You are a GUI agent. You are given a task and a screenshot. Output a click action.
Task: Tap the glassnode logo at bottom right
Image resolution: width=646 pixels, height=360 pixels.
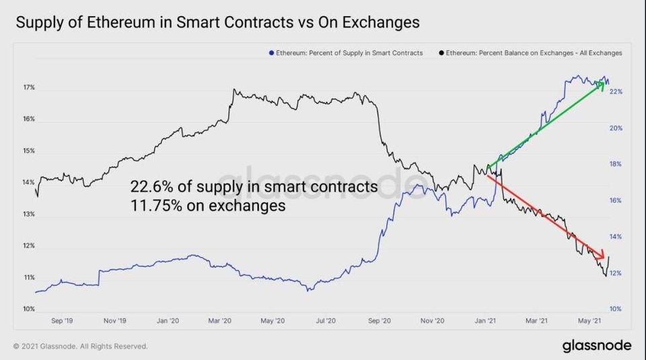tap(597, 345)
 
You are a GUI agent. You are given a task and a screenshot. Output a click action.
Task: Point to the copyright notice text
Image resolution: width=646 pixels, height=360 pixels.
tap(80, 347)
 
